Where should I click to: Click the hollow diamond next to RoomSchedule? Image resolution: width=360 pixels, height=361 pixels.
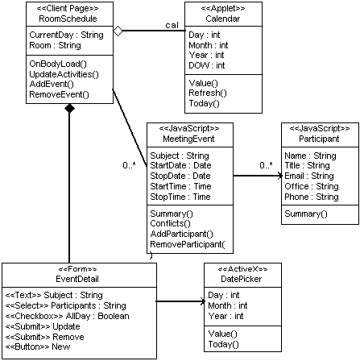[118, 31]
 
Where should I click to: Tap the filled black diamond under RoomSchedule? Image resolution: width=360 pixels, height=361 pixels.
[69, 109]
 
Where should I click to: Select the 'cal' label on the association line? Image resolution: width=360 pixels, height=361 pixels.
[172, 25]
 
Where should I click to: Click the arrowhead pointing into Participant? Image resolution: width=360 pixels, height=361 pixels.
[279, 176]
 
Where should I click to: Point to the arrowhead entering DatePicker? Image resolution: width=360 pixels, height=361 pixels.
[202, 301]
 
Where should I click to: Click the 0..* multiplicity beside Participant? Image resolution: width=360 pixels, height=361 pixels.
[266, 165]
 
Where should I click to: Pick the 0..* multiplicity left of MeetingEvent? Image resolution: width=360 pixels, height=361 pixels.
[129, 165]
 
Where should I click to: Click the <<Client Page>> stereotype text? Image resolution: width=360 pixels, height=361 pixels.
[68, 8]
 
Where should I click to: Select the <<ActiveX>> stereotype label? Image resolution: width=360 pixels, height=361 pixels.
[242, 269]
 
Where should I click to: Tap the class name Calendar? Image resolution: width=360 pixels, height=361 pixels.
[223, 19]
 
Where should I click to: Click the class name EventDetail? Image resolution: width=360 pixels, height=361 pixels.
[77, 279]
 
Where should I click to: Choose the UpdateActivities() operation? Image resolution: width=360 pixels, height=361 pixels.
[64, 74]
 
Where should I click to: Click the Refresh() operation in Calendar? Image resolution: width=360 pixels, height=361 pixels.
[208, 93]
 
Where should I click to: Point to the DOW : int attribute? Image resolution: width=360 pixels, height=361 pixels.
[207, 65]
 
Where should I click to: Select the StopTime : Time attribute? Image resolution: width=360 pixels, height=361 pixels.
[180, 197]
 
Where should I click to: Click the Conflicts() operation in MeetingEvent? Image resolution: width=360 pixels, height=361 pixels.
[170, 223]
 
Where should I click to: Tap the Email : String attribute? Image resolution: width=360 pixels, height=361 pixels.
[309, 176]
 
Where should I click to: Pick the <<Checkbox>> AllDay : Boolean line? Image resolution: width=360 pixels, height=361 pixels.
[67, 316]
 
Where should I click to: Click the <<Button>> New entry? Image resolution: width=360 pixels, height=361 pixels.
[38, 346]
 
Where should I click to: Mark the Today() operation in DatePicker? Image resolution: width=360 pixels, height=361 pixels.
[223, 344]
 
